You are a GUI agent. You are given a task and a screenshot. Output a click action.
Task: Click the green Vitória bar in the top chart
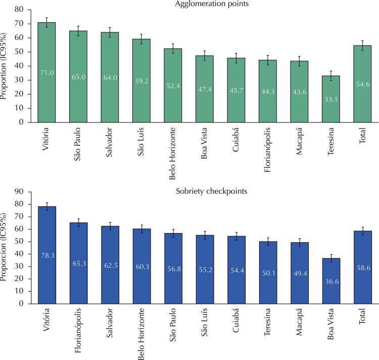coord(46,72)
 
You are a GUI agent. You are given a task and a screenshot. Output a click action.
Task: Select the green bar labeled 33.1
coord(331,99)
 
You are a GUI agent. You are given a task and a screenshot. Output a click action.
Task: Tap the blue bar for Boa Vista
coord(331,281)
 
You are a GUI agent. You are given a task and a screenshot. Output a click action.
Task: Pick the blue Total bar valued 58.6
coord(363,267)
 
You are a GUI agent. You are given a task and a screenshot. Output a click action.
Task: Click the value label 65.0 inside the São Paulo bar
coord(78,77)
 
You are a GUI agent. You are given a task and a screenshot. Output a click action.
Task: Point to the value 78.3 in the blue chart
coord(48,255)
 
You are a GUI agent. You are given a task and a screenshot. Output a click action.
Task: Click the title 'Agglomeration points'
coord(212,4)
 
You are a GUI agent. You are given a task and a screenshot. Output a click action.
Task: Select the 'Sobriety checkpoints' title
coord(212,191)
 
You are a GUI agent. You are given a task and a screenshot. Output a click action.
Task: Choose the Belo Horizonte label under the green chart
coord(172,154)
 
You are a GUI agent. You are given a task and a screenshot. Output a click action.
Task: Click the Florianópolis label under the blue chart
coord(78,330)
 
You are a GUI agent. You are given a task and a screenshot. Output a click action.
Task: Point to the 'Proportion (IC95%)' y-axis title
coord(3,66)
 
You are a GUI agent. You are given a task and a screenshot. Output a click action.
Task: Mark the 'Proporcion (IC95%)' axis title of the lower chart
coord(3,247)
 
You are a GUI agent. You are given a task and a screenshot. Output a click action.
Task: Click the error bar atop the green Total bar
coord(362,46)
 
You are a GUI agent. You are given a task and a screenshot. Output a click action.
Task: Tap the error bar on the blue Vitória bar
coord(47,206)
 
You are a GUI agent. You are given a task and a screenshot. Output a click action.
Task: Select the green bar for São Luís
coord(141,80)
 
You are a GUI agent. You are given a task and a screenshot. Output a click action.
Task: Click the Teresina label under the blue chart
coord(267,322)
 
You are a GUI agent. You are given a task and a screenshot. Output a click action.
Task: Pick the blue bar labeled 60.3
coord(142,266)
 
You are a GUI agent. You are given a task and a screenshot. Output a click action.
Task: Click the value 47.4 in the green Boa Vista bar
coord(205,89)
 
